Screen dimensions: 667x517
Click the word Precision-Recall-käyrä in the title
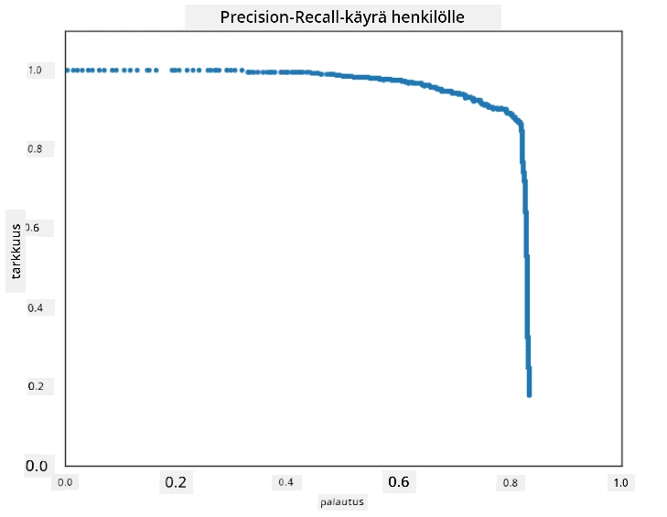[x=304, y=17]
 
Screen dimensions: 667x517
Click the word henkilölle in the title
[x=428, y=17]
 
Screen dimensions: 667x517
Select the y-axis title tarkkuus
[x=16, y=251]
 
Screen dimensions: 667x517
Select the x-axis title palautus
[x=342, y=502]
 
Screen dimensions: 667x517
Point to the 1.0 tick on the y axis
[x=35, y=70]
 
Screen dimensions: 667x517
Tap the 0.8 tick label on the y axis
[x=35, y=149]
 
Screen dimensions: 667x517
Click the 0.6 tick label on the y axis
[x=32, y=228]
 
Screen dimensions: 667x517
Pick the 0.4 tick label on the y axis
[x=36, y=307]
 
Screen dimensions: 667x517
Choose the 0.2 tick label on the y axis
[x=36, y=386]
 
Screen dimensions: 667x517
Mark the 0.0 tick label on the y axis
[x=37, y=466]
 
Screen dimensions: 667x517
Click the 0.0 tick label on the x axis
[x=65, y=482]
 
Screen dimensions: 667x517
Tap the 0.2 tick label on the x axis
[x=176, y=482]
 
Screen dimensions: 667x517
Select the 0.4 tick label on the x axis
[x=285, y=482]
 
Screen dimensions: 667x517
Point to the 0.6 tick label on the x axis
[x=399, y=481]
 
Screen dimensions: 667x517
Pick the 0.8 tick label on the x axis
[x=510, y=482]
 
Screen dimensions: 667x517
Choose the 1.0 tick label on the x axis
[x=620, y=482]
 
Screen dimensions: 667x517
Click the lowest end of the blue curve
[x=529, y=395]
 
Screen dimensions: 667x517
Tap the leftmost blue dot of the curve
[x=67, y=70]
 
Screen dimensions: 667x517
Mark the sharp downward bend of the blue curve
[x=521, y=124]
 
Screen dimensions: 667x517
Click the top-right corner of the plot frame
[x=622, y=31]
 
